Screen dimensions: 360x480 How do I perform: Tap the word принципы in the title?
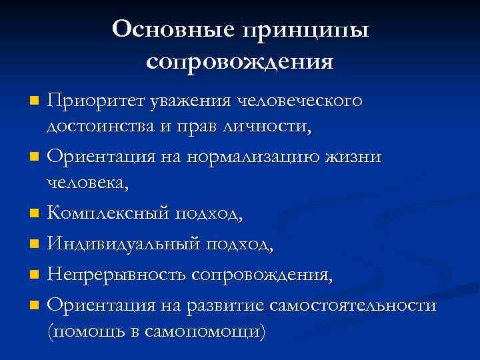(x=307, y=30)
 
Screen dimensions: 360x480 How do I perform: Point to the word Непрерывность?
(x=115, y=274)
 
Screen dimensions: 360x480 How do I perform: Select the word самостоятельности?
(x=354, y=304)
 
